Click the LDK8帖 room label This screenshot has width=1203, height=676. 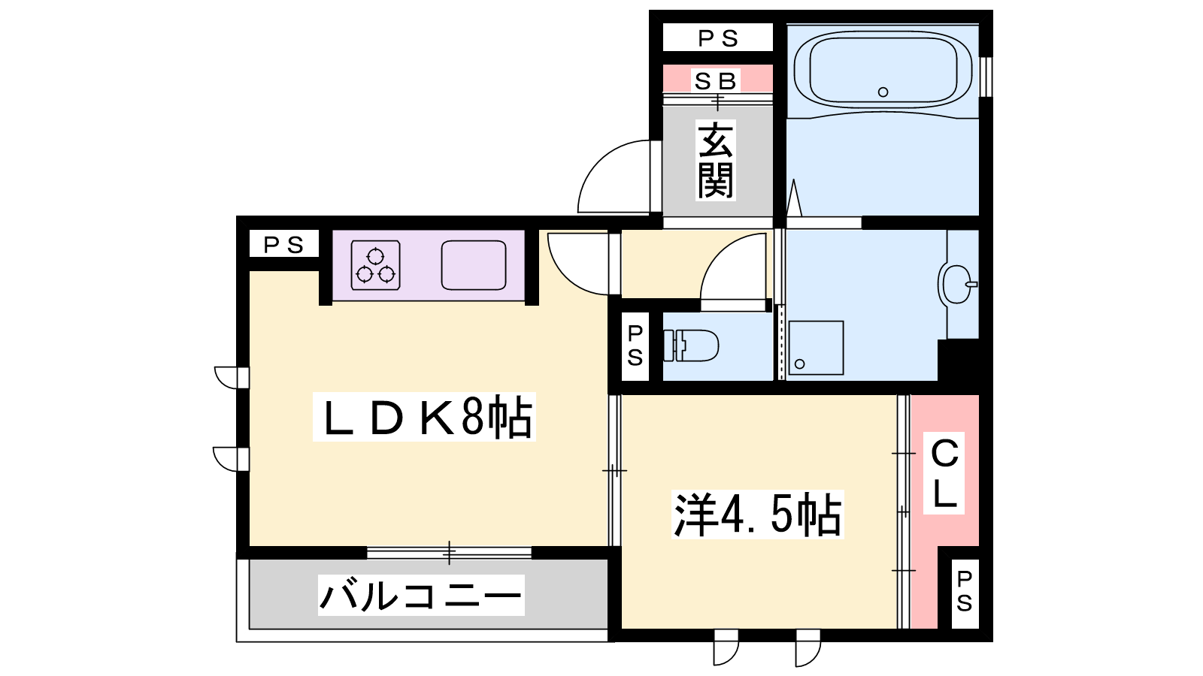[x=424, y=417]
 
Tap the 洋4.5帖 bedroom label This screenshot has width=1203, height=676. [x=757, y=515]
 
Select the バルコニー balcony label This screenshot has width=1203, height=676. [x=421, y=595]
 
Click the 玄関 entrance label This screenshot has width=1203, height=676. [x=715, y=161]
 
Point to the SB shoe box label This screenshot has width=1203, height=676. [x=715, y=81]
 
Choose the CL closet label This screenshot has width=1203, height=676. [x=944, y=473]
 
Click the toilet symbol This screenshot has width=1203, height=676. [x=691, y=346]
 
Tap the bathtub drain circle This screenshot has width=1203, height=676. [x=883, y=92]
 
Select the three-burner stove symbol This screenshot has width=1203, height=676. [x=375, y=266]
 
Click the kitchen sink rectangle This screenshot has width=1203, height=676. [x=474, y=266]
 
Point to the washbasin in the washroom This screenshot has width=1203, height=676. [x=958, y=285]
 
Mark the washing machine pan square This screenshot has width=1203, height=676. [x=816, y=348]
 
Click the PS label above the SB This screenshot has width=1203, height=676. [x=718, y=38]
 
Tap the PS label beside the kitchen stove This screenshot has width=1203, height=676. [x=283, y=245]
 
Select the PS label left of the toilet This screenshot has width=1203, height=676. [x=635, y=346]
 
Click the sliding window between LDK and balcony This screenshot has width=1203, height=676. [x=449, y=553]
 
